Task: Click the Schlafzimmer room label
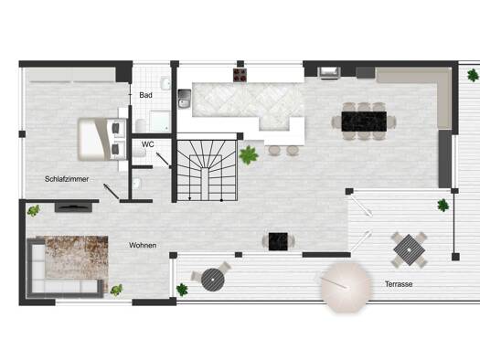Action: (67, 179)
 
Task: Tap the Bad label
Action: (145, 95)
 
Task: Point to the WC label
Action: (147, 144)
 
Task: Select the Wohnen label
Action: (143, 245)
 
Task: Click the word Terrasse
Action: (399, 284)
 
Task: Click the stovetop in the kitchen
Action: (240, 75)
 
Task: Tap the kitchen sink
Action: (185, 99)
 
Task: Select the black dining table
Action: (364, 122)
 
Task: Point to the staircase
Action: (207, 170)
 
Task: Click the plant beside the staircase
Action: (249, 155)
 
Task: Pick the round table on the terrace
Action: (213, 280)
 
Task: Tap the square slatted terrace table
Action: (410, 249)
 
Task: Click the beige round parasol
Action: (347, 288)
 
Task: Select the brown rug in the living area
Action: (77, 258)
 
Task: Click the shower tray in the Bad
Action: (160, 122)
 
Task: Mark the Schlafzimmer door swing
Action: (112, 191)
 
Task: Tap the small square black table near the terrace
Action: (278, 241)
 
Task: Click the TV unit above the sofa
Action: (73, 207)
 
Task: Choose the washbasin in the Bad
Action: (165, 83)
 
